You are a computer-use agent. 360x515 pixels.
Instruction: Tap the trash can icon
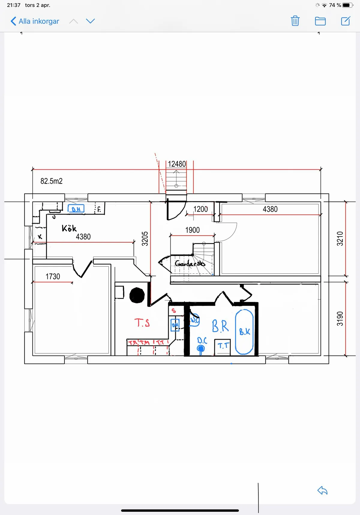295,21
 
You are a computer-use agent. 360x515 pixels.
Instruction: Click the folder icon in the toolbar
320,21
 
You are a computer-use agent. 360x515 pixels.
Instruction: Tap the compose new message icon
345,21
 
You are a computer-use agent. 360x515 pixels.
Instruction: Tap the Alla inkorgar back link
35,21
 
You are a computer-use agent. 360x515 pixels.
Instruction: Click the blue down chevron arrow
90,21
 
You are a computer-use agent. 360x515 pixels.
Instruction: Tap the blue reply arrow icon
322,490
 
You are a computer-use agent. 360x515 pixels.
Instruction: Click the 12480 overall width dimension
177,164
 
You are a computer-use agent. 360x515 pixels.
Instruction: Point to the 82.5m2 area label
52,181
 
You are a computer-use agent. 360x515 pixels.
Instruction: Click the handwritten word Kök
69,228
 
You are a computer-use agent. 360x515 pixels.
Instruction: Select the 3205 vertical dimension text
145,239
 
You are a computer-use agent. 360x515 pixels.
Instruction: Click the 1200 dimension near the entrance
200,209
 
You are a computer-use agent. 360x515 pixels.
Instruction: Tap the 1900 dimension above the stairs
192,230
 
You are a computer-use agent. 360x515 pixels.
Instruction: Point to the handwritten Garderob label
190,263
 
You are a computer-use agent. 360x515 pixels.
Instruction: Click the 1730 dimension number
53,276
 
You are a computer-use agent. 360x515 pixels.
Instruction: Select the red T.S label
142,323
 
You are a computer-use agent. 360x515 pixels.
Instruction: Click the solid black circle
137,295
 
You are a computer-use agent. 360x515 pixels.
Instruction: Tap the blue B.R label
220,326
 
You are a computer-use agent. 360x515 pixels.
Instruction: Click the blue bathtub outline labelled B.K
244,332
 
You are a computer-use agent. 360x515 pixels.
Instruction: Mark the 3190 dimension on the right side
340,319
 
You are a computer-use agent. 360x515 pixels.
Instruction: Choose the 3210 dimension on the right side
340,239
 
